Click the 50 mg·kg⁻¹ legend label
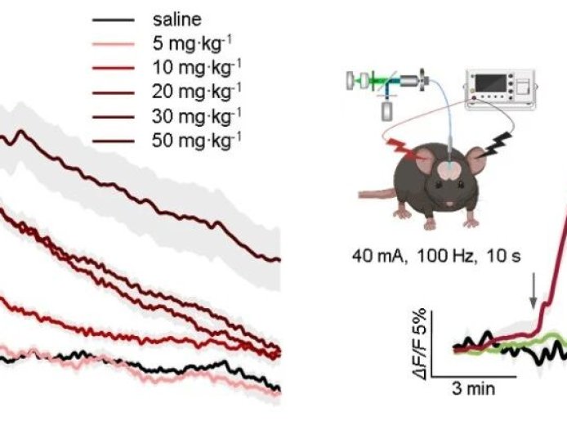click(x=197, y=140)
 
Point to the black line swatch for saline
click(x=114, y=17)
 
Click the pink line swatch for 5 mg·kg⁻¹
click(x=114, y=42)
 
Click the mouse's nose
click(x=448, y=202)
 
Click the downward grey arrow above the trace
click(x=534, y=291)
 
